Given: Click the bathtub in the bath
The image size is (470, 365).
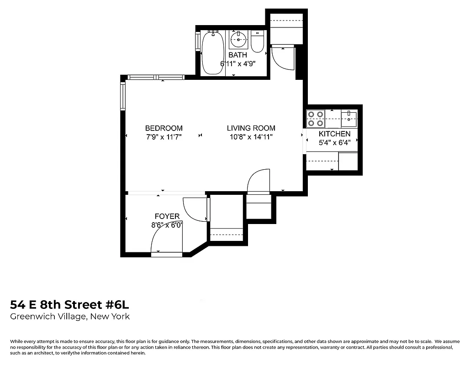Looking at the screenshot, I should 213,52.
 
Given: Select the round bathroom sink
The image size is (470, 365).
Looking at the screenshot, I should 238,40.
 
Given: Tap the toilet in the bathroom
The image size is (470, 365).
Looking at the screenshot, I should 258,41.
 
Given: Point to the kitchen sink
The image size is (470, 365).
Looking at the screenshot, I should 349,119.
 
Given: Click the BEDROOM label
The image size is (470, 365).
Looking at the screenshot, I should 164,128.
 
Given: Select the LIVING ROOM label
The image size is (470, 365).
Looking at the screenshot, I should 251,128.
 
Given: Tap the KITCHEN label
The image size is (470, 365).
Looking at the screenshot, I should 334,134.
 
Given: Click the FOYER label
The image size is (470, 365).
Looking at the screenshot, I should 167,216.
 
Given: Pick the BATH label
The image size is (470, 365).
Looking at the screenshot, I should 238,55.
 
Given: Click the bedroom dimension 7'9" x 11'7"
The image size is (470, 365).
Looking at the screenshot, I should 164,137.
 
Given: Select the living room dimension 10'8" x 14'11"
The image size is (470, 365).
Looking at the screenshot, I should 251,137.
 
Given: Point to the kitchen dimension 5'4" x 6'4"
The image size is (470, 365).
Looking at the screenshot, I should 334,142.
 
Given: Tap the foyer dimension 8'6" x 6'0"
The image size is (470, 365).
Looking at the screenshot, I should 167,224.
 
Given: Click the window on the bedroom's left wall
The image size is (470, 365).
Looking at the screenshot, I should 122,96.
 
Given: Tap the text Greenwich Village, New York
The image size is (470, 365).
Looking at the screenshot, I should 70,317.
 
